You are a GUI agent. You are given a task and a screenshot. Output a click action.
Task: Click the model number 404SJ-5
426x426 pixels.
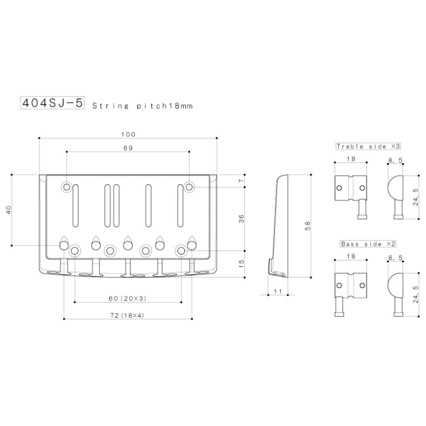tap(52, 103)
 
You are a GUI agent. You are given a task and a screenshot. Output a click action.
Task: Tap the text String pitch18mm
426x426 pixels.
tap(143, 105)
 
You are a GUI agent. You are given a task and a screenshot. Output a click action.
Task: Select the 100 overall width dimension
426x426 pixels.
tap(128, 135)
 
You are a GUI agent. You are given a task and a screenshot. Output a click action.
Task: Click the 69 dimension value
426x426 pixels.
tap(128, 148)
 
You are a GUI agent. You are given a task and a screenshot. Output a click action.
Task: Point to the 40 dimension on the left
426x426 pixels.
tap(9, 210)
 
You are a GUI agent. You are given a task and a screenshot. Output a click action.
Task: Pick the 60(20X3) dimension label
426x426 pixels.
tap(128, 299)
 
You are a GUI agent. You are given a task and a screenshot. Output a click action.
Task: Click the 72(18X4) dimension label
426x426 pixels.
tap(127, 315)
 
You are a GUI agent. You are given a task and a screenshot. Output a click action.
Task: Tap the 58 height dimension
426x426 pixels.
tap(307, 226)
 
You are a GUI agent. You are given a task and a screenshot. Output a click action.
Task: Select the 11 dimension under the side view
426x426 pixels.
tap(278, 291)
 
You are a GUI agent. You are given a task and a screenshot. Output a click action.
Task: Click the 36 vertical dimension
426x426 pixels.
tap(241, 219)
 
